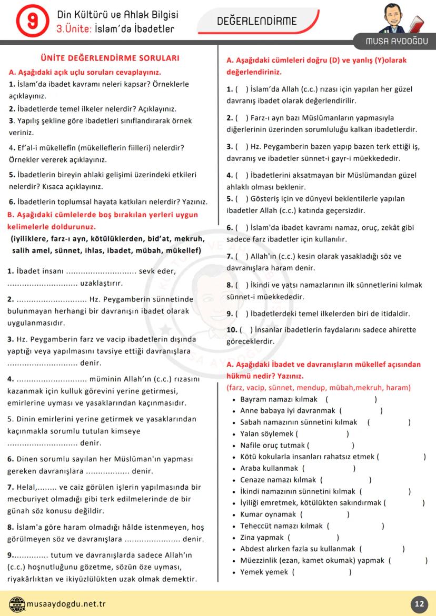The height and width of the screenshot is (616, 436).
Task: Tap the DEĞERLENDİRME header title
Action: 257,21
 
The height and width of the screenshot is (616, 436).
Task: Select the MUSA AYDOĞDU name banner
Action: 398,41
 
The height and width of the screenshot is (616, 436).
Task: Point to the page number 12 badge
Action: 419,604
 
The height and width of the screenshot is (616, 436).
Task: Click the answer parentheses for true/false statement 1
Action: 242,89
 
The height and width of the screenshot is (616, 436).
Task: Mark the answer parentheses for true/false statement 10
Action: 246,330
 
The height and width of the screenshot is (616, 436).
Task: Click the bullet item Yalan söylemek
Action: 269,433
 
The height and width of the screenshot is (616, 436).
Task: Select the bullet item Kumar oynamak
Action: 268,514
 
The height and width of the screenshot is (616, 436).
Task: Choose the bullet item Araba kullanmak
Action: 269,468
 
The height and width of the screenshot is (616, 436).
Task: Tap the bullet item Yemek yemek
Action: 264,572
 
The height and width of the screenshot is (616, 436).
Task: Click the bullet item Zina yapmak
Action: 262,537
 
